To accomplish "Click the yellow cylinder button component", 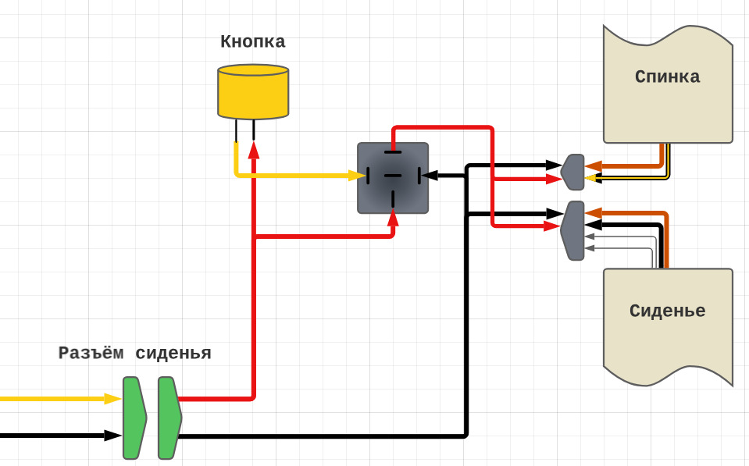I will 253,92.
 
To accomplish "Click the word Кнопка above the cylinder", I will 252,41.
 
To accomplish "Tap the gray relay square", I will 393,178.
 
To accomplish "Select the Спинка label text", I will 667,76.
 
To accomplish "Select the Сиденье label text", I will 667,311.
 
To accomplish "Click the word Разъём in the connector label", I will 91,353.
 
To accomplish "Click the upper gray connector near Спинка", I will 573,172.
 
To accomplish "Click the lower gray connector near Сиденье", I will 573,230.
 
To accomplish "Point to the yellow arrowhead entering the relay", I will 357,176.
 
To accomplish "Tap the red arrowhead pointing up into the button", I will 254,150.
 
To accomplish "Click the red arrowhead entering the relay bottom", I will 393,218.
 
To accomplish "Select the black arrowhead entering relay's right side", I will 430,176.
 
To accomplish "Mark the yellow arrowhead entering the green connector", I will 113,399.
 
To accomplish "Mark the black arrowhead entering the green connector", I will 113,436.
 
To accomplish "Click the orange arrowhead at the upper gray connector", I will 593,166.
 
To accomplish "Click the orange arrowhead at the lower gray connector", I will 593,213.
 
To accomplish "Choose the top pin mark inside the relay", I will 393,152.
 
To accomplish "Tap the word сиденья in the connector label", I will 173,353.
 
